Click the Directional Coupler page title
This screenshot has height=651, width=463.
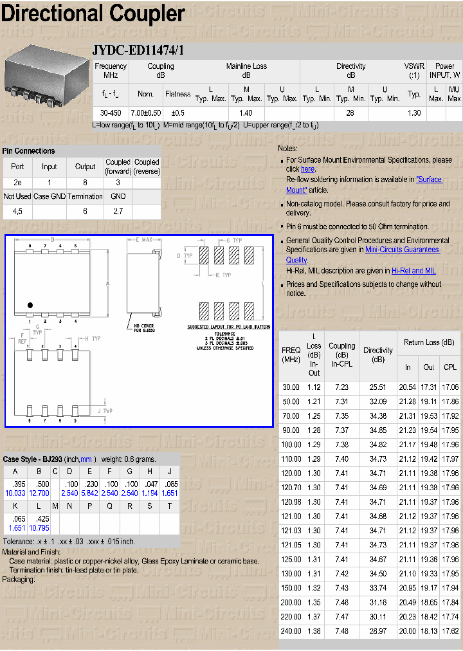click(93, 14)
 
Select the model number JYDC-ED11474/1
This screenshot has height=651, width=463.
click(138, 51)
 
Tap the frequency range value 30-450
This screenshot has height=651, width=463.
click(111, 113)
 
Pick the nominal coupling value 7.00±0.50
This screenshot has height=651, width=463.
click(146, 113)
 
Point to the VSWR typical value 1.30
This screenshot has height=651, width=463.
click(414, 113)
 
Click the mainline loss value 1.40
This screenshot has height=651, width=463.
click(246, 113)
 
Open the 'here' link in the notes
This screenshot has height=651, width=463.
click(307, 169)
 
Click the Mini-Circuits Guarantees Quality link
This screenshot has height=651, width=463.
click(402, 250)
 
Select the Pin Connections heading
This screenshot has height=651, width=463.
click(29, 151)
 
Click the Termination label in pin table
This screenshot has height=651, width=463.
click(85, 196)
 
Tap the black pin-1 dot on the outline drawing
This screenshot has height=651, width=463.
click(30, 305)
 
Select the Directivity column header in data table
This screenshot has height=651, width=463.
click(377, 355)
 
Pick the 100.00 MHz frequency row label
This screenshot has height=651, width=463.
click(291, 445)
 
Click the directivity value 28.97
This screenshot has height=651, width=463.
click(377, 632)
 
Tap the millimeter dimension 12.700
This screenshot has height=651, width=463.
click(41, 493)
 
